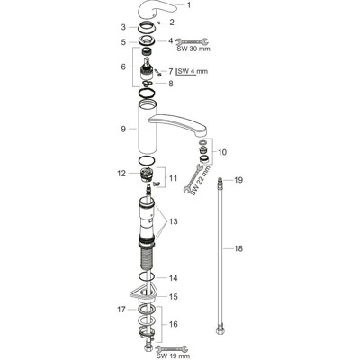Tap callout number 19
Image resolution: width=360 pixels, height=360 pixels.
pyautogui.click(x=239, y=182)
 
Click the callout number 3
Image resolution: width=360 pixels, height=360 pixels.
pyautogui.click(x=124, y=30)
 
